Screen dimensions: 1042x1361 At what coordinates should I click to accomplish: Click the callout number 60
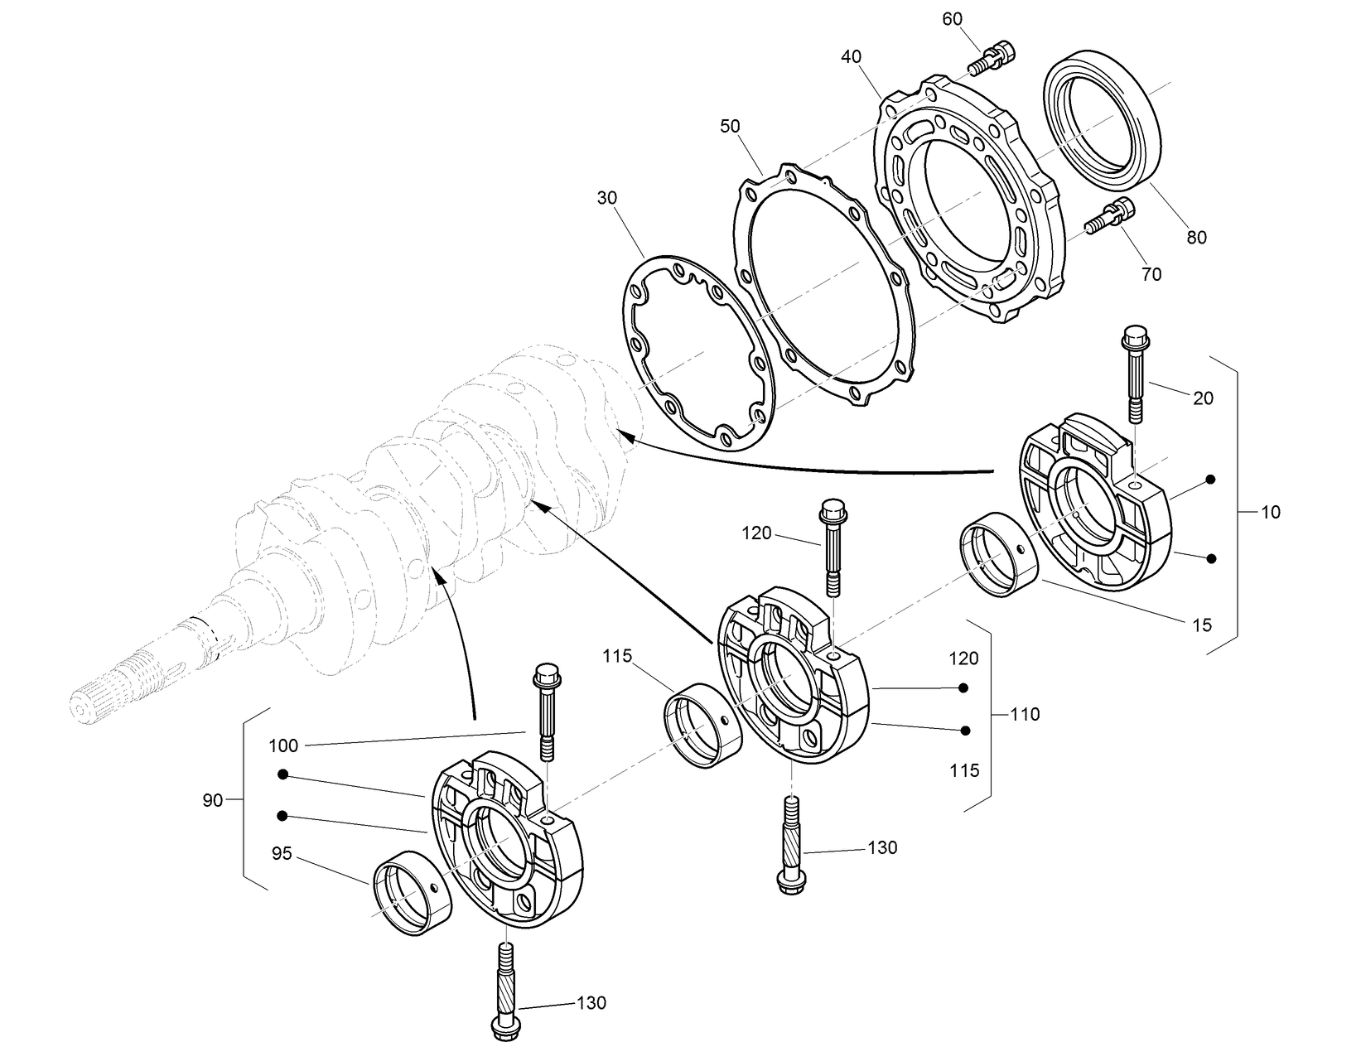[x=953, y=18]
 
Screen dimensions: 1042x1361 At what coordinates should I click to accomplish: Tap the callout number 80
[x=1196, y=238]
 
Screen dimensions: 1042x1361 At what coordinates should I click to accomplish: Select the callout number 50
[x=730, y=126]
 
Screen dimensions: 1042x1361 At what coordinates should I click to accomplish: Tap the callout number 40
[x=851, y=57]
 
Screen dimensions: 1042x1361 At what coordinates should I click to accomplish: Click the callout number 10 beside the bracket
[x=1270, y=512]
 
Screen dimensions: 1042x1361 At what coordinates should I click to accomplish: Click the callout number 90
[x=213, y=800]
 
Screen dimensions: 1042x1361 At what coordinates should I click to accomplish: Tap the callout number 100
[x=283, y=745]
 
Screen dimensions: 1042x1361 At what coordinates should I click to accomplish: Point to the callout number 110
[x=1026, y=714]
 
